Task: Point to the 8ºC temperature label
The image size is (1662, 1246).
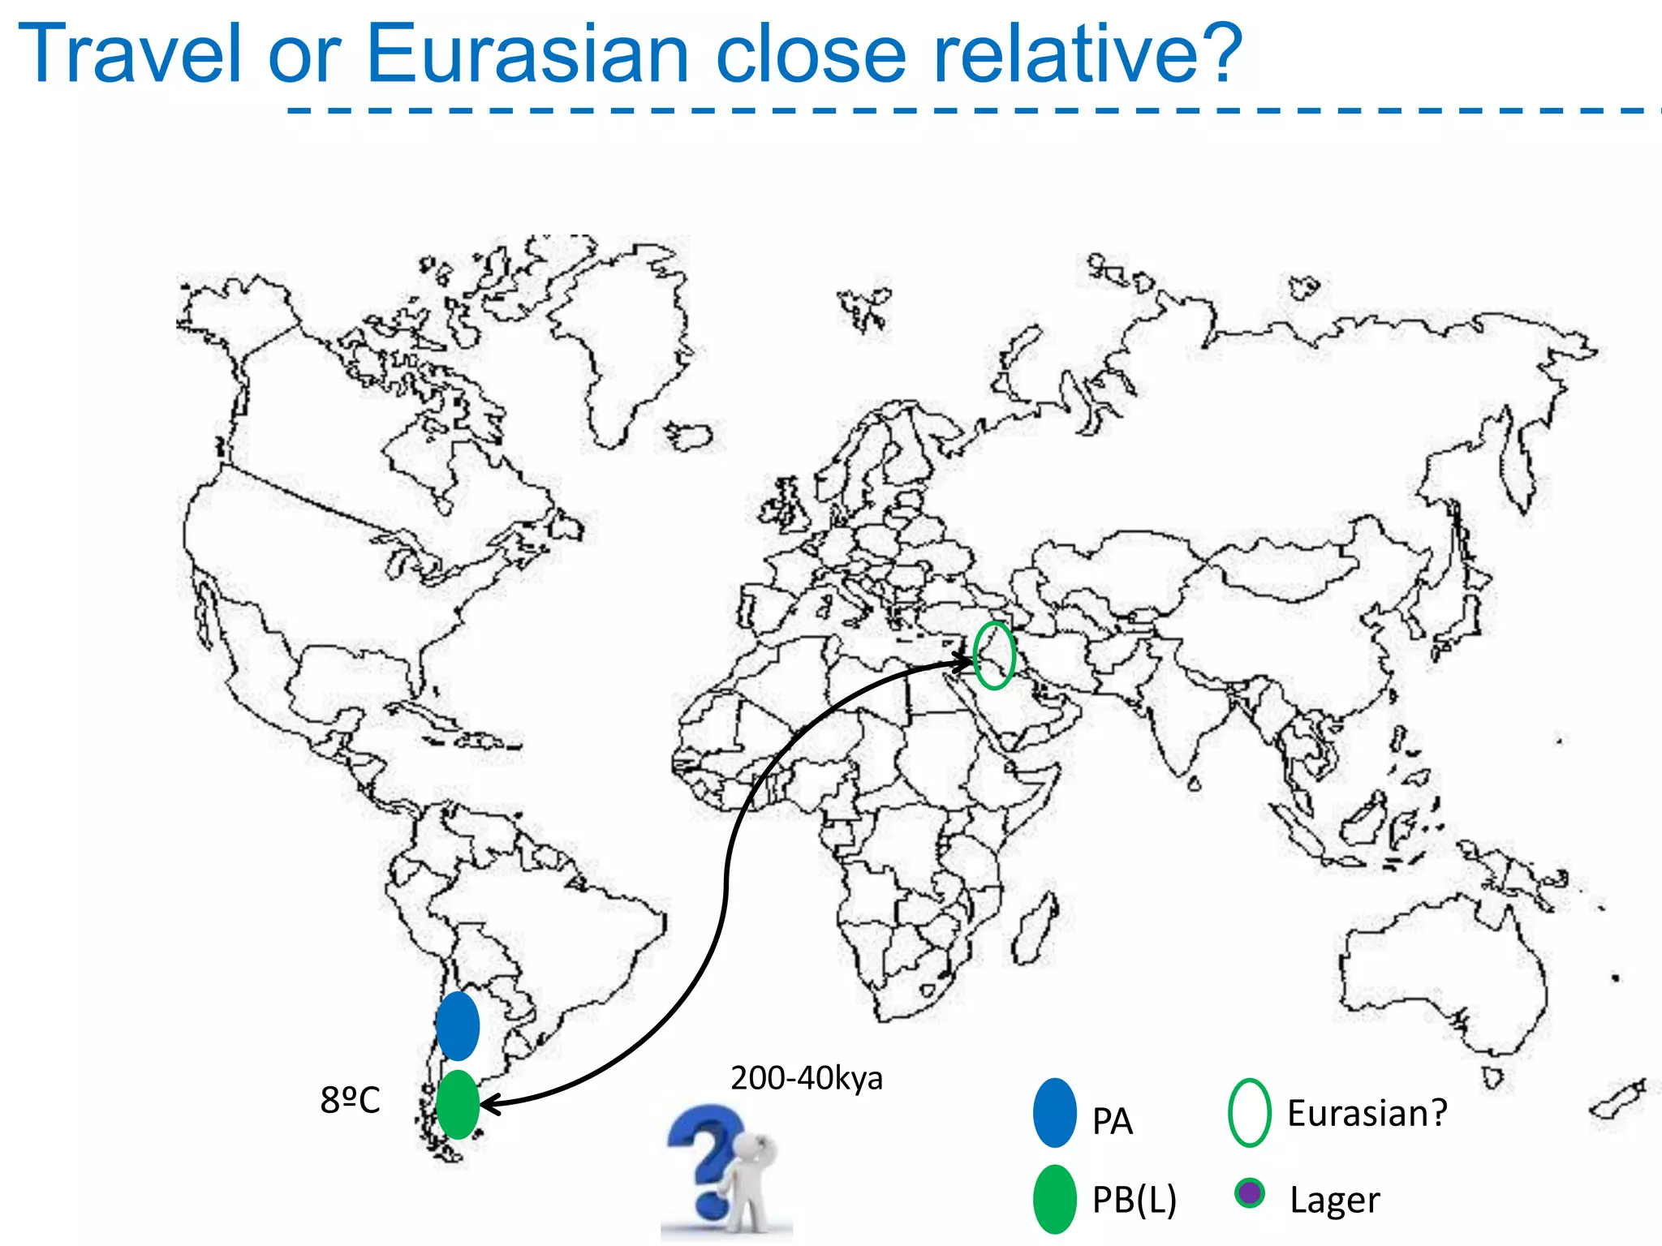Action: click(x=350, y=1100)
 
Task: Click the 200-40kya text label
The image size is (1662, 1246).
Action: click(x=806, y=1078)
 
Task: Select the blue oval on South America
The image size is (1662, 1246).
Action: click(x=458, y=1026)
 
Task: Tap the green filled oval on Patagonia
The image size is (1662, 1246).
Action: click(x=458, y=1104)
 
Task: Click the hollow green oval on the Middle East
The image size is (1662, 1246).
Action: click(x=994, y=655)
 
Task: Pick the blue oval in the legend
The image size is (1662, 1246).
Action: click(x=1055, y=1113)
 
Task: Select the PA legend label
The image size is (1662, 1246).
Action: click(x=1112, y=1122)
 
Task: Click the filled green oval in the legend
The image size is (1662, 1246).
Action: click(x=1055, y=1199)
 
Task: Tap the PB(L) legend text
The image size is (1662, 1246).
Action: click(x=1134, y=1200)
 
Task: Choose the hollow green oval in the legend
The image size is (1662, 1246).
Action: click(x=1250, y=1113)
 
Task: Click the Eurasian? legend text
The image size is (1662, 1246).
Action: click(x=1367, y=1113)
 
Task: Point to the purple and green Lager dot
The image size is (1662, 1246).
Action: click(x=1250, y=1193)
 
